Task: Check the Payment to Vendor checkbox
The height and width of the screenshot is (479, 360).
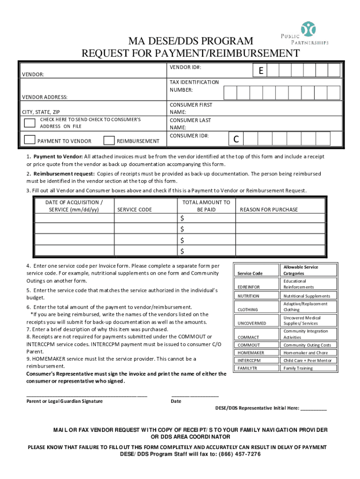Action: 29,140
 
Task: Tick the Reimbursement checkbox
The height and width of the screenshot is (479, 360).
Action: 109,140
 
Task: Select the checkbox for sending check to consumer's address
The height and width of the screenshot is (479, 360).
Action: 29,123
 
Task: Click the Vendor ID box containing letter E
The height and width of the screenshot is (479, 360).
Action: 259,71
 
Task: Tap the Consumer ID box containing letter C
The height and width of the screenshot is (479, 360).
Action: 236,139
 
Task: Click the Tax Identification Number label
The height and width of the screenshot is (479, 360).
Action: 194,86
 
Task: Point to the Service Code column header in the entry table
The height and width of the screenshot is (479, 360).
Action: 134,210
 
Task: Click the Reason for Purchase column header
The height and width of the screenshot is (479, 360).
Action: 268,210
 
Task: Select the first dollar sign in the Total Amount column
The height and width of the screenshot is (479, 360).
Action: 183,219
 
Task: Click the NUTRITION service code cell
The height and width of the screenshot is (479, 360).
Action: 248,296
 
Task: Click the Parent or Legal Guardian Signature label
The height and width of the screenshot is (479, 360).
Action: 65,401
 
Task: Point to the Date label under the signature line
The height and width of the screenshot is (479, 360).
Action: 176,401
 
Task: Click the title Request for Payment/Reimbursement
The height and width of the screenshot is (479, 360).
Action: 190,53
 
